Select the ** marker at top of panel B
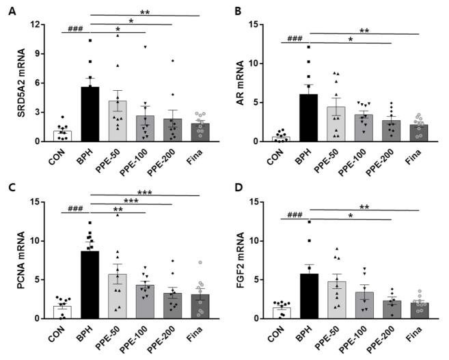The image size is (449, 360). [x=364, y=30]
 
